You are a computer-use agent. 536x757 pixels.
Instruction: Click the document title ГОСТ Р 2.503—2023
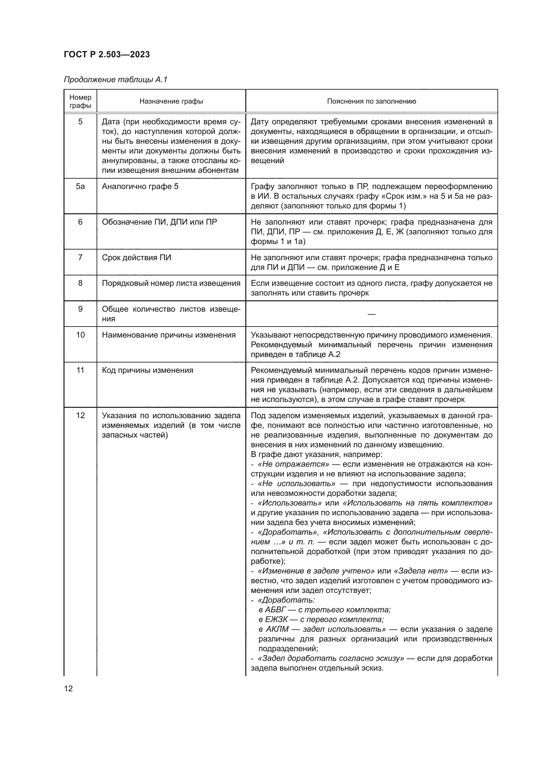107,54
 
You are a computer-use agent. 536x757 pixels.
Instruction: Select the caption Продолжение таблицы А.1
115,80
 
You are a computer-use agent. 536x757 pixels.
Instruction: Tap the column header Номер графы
80,101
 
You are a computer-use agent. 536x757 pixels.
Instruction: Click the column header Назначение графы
171,101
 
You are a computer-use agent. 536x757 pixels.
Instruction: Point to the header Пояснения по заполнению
371,101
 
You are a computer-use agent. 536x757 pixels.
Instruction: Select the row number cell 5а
80,187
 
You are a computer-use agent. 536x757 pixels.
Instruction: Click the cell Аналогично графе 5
140,187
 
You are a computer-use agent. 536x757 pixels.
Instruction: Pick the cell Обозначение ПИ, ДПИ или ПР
159,222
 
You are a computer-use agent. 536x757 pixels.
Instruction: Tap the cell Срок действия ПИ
136,258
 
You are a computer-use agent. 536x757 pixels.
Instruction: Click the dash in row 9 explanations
371,314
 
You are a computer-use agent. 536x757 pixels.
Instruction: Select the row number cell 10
80,335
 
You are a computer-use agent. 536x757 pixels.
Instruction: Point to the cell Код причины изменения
147,371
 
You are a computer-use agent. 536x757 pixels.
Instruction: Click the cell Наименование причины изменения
169,335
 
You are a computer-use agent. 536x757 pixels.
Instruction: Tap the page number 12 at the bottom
68,688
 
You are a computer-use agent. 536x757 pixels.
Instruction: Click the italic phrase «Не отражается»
293,464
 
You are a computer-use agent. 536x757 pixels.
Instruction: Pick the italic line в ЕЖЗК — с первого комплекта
321,619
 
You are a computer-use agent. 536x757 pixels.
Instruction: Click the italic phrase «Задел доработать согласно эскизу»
331,658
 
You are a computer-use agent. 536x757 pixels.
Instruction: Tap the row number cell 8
80,283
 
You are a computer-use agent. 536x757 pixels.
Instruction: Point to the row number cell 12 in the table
80,416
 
